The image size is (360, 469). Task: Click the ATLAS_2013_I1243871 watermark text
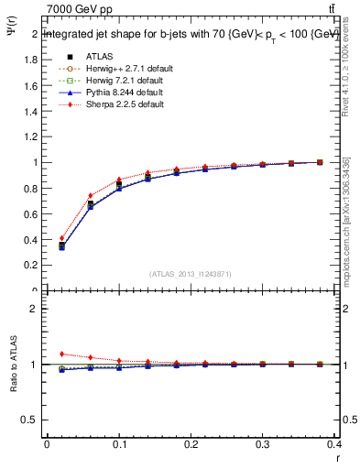click(189, 274)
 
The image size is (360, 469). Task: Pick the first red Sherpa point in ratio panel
click(61, 354)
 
